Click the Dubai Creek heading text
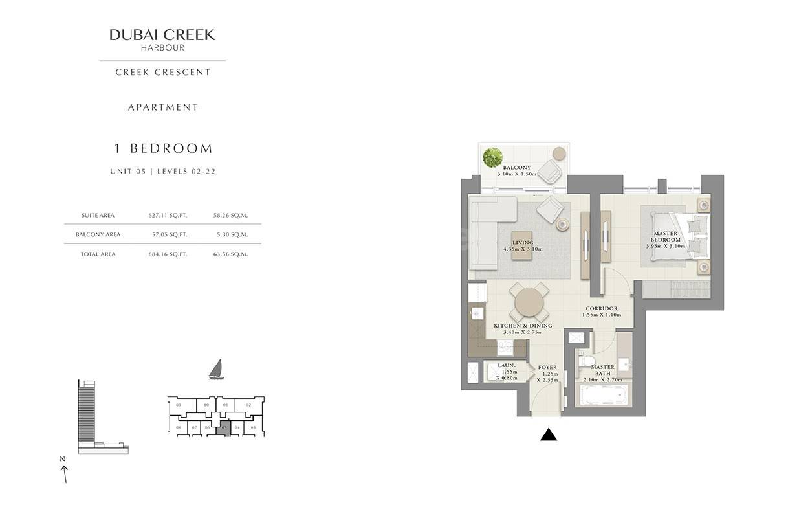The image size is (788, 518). [162, 35]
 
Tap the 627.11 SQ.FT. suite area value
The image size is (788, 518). [168, 216]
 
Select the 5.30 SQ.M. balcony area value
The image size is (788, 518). [230, 234]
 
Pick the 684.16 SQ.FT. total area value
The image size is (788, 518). [168, 254]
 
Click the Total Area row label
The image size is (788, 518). [98, 254]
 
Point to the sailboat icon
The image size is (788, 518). [216, 370]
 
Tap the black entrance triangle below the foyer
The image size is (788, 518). [549, 435]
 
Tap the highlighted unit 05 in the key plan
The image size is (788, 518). [224, 427]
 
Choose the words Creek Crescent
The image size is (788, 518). [163, 73]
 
